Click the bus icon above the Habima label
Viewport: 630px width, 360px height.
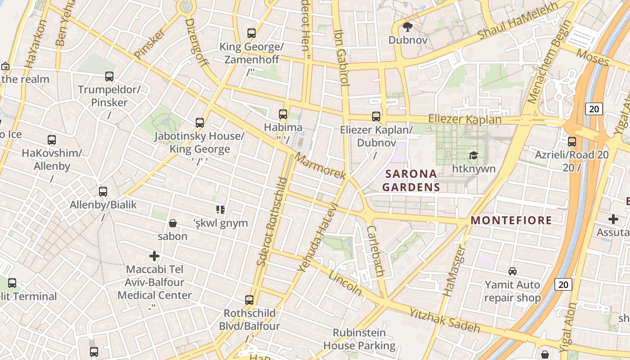pos(283,114)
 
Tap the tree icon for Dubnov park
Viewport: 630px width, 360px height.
pos(408,27)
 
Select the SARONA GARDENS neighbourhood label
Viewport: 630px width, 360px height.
pos(410,180)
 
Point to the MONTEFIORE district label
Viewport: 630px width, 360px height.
pos(511,220)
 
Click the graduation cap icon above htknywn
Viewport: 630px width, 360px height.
pos(473,156)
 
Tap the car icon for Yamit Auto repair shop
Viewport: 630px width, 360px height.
pos(512,271)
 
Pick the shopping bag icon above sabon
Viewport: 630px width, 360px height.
pos(172,223)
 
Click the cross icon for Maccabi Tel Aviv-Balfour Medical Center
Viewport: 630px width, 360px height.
pos(154,256)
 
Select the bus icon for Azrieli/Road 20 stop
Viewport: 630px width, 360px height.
pos(571,141)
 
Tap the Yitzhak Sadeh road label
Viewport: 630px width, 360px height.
pos(445,319)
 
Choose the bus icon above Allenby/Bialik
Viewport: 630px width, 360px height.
pos(103,192)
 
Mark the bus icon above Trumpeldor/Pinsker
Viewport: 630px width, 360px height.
pos(109,76)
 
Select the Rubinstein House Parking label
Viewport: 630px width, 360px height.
pos(359,339)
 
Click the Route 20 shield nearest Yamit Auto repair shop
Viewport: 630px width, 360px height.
pos(563,284)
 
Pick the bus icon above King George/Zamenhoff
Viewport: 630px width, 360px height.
pos(251,33)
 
